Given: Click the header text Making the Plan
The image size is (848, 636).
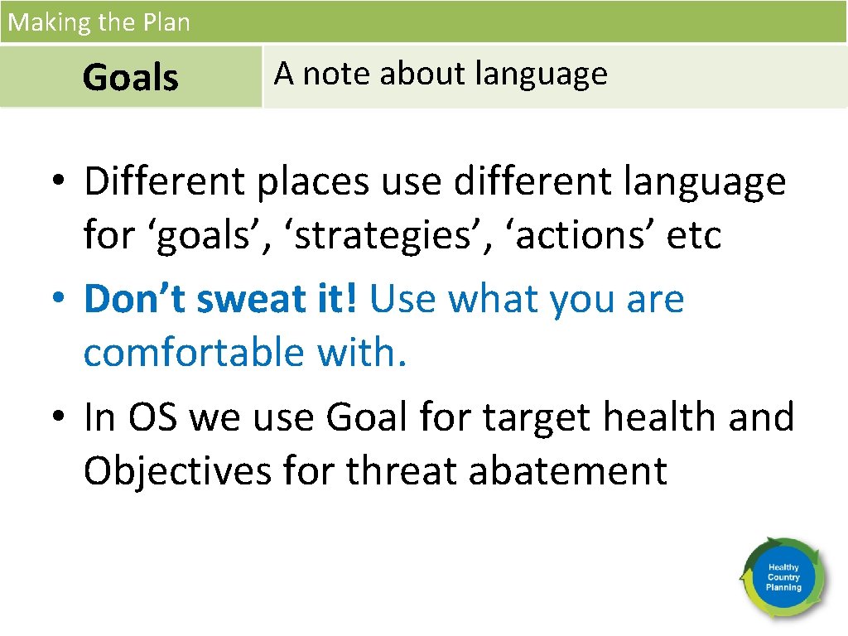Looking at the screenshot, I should click(99, 22).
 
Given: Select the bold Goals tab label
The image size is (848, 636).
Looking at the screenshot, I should click(130, 78).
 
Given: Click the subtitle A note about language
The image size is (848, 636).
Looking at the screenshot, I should click(441, 75).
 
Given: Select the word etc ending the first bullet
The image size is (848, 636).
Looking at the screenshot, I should click(694, 236).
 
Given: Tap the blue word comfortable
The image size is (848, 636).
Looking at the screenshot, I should click(194, 354).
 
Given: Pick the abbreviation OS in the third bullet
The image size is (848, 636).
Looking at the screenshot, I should click(153, 417).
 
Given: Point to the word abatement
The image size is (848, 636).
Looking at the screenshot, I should click(568, 471).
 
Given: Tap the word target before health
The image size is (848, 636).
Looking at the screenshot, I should click(537, 417).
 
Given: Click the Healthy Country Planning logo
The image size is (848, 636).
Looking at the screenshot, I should click(783, 577).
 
